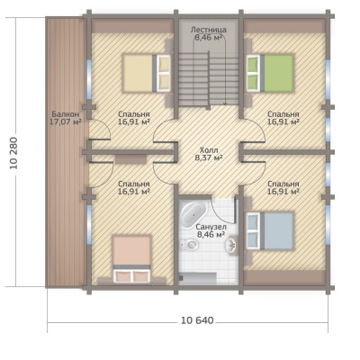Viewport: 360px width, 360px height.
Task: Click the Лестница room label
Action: click(209, 30)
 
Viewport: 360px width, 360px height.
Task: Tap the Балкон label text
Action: click(66, 114)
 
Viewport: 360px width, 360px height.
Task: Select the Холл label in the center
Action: click(209, 150)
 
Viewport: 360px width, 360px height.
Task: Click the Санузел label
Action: click(211, 227)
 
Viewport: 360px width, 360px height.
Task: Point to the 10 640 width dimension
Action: click(197, 320)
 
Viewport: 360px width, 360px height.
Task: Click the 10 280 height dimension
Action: click(14, 153)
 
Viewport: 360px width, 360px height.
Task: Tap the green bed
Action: click(270, 73)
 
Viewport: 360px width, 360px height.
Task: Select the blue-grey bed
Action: click(270, 230)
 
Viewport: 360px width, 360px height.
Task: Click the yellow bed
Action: click(147, 73)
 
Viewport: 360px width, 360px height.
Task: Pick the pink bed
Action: click(131, 259)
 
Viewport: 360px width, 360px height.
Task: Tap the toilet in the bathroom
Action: click(190, 245)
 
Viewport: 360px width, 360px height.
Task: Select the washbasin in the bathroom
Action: click(231, 245)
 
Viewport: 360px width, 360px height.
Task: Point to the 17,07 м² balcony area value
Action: click(66, 121)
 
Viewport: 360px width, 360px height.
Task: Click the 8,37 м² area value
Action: click(209, 157)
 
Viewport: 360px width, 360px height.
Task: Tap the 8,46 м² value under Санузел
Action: click(211, 235)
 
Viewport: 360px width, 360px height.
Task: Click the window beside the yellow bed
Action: click(89, 78)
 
